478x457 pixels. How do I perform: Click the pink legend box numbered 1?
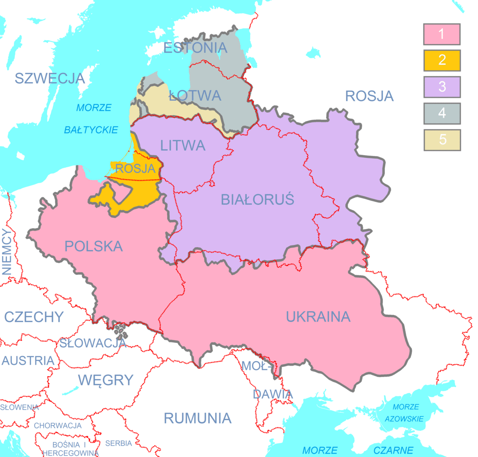pos(442,34)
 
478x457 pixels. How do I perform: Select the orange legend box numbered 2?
pos(442,61)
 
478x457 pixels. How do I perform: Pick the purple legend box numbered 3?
pos(442,87)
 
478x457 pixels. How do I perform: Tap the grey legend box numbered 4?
pos(442,113)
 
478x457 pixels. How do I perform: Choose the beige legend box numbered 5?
pos(442,140)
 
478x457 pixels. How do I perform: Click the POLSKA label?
pos(94,246)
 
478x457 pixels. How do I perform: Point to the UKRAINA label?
pos(318,317)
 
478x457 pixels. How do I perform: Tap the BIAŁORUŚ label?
pos(257,199)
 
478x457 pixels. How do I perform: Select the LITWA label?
pos(182,146)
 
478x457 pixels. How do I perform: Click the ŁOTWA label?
pos(195,95)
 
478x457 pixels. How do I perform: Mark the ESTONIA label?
pos(195,48)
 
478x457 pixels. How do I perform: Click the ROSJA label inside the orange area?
pos(135,168)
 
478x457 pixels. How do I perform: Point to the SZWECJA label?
pos(50,78)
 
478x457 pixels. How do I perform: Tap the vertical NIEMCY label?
pos(7,252)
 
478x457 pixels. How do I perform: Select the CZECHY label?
pos(34,317)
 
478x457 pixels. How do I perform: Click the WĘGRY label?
pos(106,380)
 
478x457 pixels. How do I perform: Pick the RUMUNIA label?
pos(197,418)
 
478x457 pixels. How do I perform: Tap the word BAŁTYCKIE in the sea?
pos(91,130)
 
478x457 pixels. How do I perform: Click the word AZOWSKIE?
pos(405,419)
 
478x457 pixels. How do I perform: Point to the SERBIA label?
pos(119,443)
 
